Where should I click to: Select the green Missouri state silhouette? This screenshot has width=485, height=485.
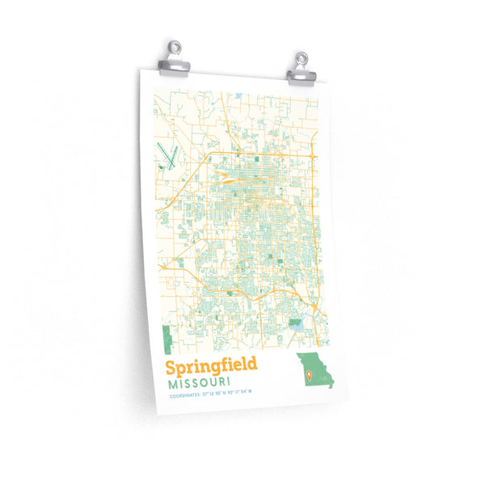tap(315, 372)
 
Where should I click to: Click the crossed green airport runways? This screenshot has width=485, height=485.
tap(169, 154)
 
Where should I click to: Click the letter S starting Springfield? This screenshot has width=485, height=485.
tap(161, 366)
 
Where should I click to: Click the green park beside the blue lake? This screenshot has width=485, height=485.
tap(294, 323)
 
